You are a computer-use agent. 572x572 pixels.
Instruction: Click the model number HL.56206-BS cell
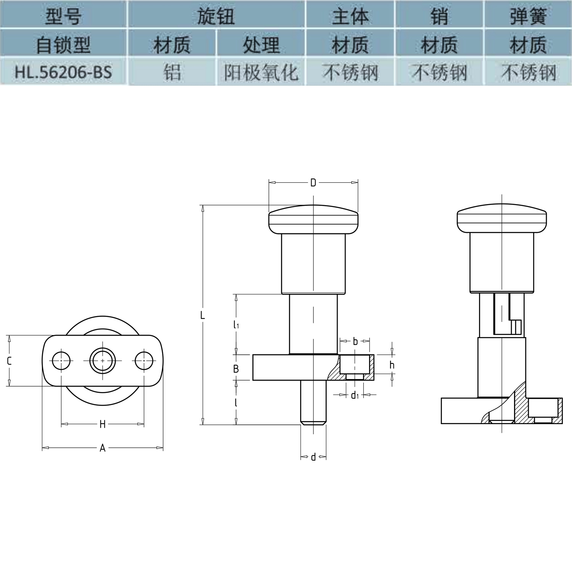pyautogui.click(x=63, y=72)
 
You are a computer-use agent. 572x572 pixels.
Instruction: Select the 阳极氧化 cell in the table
pyautogui.click(x=261, y=72)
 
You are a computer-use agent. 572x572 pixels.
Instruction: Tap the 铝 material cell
pyautogui.click(x=172, y=72)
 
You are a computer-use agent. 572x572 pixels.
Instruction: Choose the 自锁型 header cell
pyautogui.click(x=63, y=44)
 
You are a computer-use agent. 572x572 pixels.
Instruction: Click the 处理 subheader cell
pyautogui.click(x=261, y=44)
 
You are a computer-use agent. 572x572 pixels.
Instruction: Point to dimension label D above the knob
pyautogui.click(x=313, y=183)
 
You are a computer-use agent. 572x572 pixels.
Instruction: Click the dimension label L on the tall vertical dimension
pyautogui.click(x=202, y=315)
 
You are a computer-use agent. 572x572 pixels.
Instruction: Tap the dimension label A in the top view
pyautogui.click(x=102, y=448)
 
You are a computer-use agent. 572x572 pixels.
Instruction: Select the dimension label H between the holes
pyautogui.click(x=102, y=424)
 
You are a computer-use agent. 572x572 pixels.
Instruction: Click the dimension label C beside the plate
pyautogui.click(x=9, y=360)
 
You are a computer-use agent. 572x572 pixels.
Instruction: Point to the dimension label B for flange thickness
pyautogui.click(x=236, y=369)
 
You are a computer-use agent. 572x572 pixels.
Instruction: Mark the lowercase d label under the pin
pyautogui.click(x=313, y=457)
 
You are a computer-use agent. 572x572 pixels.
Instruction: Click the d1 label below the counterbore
pyautogui.click(x=355, y=395)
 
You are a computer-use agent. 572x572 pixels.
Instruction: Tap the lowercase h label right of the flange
pyautogui.click(x=392, y=365)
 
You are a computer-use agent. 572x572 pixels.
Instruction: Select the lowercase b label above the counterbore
pyautogui.click(x=355, y=341)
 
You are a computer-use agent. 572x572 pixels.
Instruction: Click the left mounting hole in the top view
pyautogui.click(x=61, y=360)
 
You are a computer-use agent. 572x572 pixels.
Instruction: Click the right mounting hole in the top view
pyautogui.click(x=144, y=360)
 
